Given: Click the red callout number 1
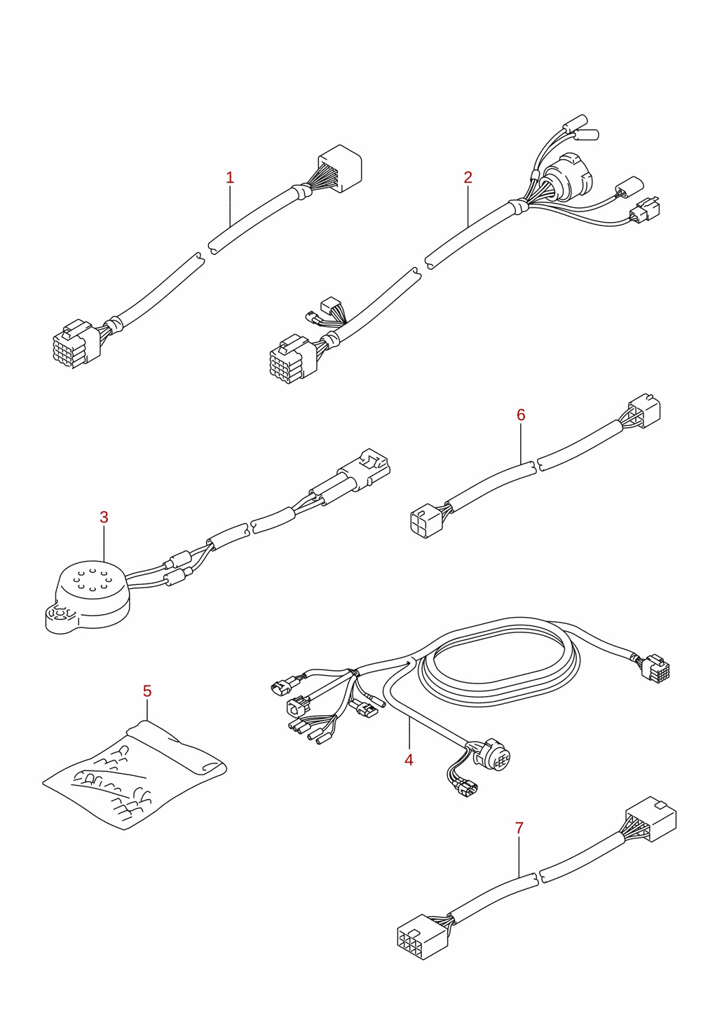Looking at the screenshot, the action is click(230, 178).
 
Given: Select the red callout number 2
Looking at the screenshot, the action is click(468, 177).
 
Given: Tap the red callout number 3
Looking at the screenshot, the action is click(104, 518).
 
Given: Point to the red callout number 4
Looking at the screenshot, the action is click(409, 760).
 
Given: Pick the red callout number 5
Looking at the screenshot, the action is click(147, 691).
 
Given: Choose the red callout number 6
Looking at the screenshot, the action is click(522, 415).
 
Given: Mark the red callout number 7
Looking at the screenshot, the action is click(519, 829).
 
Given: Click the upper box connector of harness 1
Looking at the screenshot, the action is click(339, 168).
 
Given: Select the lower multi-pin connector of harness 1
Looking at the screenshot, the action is click(76, 343).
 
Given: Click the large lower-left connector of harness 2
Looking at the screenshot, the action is click(293, 359).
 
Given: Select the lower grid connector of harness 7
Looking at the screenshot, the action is click(423, 936).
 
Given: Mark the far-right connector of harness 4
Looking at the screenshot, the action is click(656, 666).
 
